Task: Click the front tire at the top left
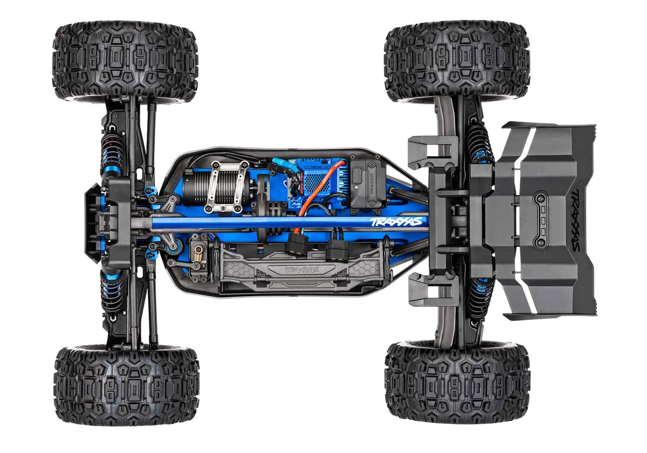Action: tap(125, 63)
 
